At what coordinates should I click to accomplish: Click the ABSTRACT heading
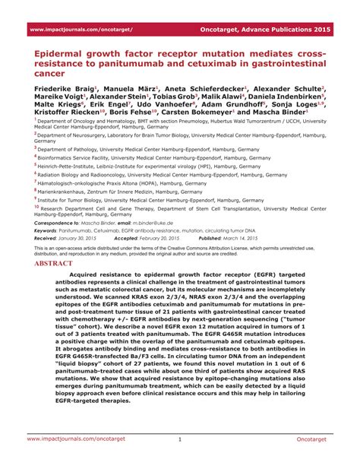[53, 264]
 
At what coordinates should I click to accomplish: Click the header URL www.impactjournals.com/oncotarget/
[81, 29]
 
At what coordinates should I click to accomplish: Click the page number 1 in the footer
[180, 439]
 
